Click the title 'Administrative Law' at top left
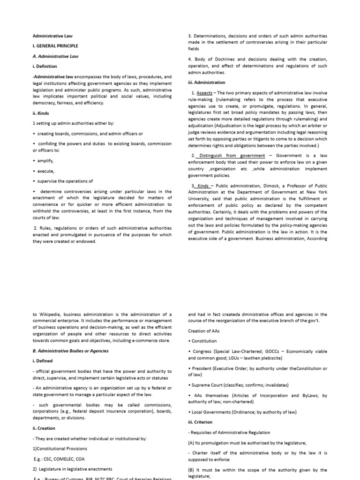[52, 36]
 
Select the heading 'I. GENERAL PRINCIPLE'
[55, 46]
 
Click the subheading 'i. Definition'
[45, 67]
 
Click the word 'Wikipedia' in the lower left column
[50, 314]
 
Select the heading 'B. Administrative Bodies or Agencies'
[70, 351]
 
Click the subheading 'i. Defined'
[43, 361]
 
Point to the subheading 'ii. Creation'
[44, 428]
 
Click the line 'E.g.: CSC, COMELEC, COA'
[59, 459]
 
